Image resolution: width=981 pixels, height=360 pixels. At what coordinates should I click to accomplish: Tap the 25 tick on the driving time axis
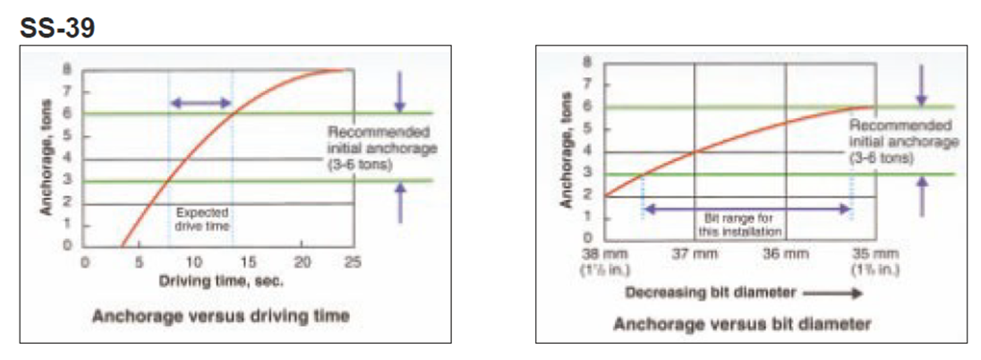coord(354,262)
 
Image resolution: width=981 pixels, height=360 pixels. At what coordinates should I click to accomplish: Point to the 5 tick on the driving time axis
coord(138,262)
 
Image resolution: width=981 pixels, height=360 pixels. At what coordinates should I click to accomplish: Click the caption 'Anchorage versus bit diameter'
coord(742,323)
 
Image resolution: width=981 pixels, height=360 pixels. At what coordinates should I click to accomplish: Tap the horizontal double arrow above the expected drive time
coord(200,104)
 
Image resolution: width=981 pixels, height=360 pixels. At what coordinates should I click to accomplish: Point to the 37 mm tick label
coord(695,253)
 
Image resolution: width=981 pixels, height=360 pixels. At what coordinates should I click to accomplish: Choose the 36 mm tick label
coord(786,253)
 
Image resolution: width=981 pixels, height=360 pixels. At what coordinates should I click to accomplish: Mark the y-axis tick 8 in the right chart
coord(588,63)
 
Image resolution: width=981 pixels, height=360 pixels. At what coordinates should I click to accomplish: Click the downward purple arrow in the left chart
coord(400,90)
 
